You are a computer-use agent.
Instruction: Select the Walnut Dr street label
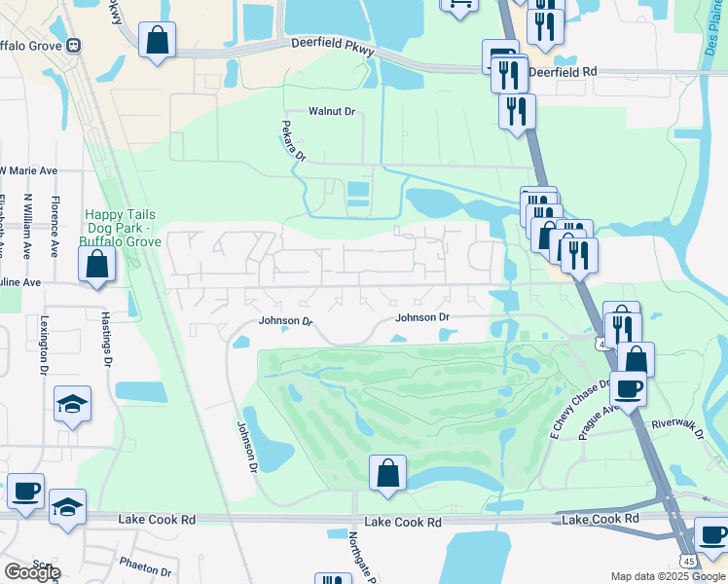[332, 112]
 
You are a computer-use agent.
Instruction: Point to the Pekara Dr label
[293, 142]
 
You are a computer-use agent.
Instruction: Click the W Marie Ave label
[28, 170]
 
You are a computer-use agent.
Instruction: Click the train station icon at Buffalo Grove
[74, 45]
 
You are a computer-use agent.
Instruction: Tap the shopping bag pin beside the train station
[157, 42]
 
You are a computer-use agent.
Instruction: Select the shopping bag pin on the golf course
[387, 474]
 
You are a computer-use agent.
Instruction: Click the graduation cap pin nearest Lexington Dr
[72, 404]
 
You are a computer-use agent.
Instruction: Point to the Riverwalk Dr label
[677, 423]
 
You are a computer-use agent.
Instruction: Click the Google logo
[32, 572]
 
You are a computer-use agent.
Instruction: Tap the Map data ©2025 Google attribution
[667, 576]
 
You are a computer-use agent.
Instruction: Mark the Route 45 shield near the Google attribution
[689, 562]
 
